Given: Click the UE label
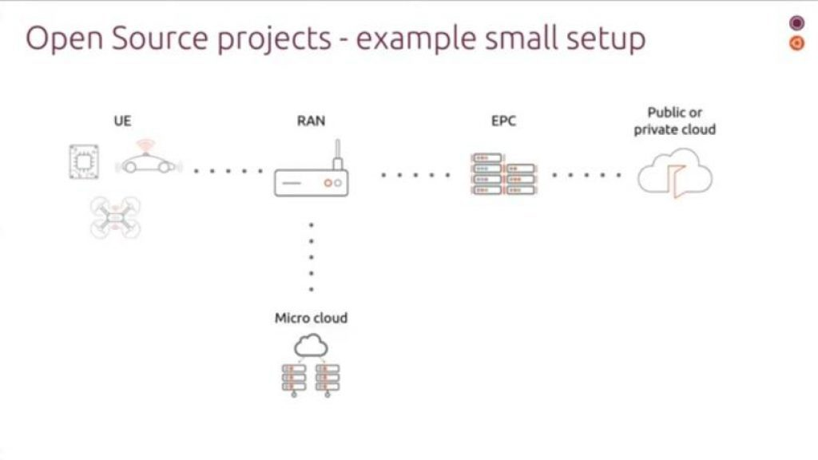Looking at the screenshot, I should click(122, 121).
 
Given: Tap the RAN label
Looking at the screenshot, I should click(311, 121).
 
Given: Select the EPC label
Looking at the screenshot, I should click(503, 121).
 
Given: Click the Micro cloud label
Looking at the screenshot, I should click(311, 318).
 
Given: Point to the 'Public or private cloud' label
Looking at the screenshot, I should click(675, 121).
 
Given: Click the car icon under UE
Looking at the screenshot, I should click(148, 164).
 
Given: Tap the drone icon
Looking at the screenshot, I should click(115, 217).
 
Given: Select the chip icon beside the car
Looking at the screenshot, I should click(81, 161).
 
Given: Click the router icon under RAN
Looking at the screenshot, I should click(311, 182).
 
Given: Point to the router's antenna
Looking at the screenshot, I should click(337, 153).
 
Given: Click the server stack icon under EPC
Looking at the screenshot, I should click(503, 174).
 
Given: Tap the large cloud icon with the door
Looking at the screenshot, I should click(675, 173).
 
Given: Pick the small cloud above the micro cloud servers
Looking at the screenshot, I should click(311, 345).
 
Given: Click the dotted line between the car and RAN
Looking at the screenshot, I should click(229, 170).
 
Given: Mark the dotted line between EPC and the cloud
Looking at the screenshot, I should click(586, 174).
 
